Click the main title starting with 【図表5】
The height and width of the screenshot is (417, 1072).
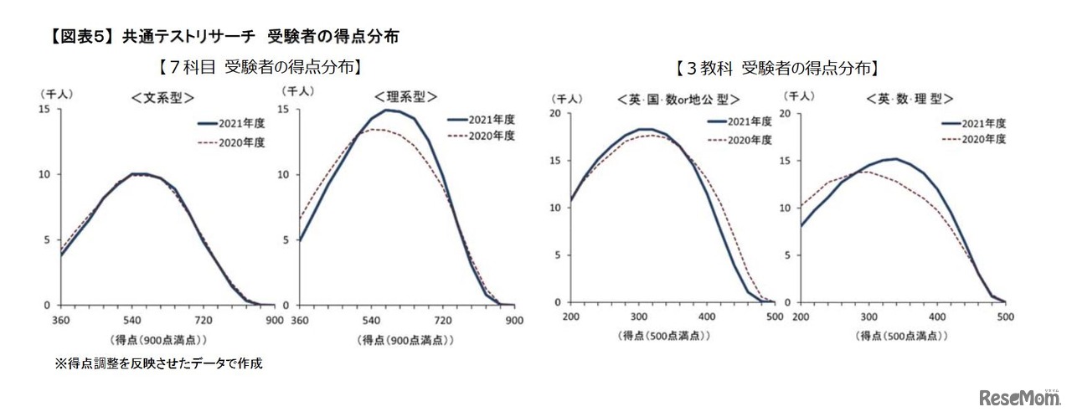pyautogui.click(x=224, y=36)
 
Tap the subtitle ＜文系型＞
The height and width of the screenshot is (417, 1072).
pyautogui.click(x=163, y=97)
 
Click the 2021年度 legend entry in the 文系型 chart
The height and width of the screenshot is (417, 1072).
pyautogui.click(x=230, y=123)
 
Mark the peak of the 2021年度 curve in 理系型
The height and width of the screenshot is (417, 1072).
pyautogui.click(x=387, y=110)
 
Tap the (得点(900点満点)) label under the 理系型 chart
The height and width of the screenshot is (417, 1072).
pyautogui.click(x=405, y=340)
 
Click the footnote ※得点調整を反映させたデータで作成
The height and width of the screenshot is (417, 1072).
pyautogui.click(x=158, y=363)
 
